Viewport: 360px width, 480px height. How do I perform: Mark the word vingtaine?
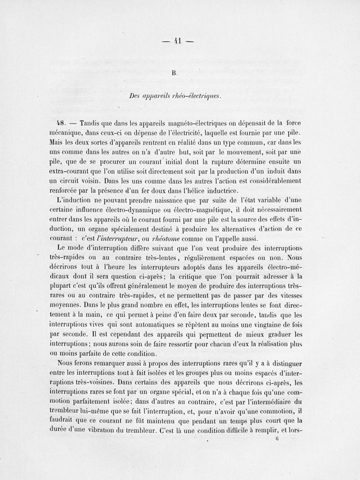(270, 324)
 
